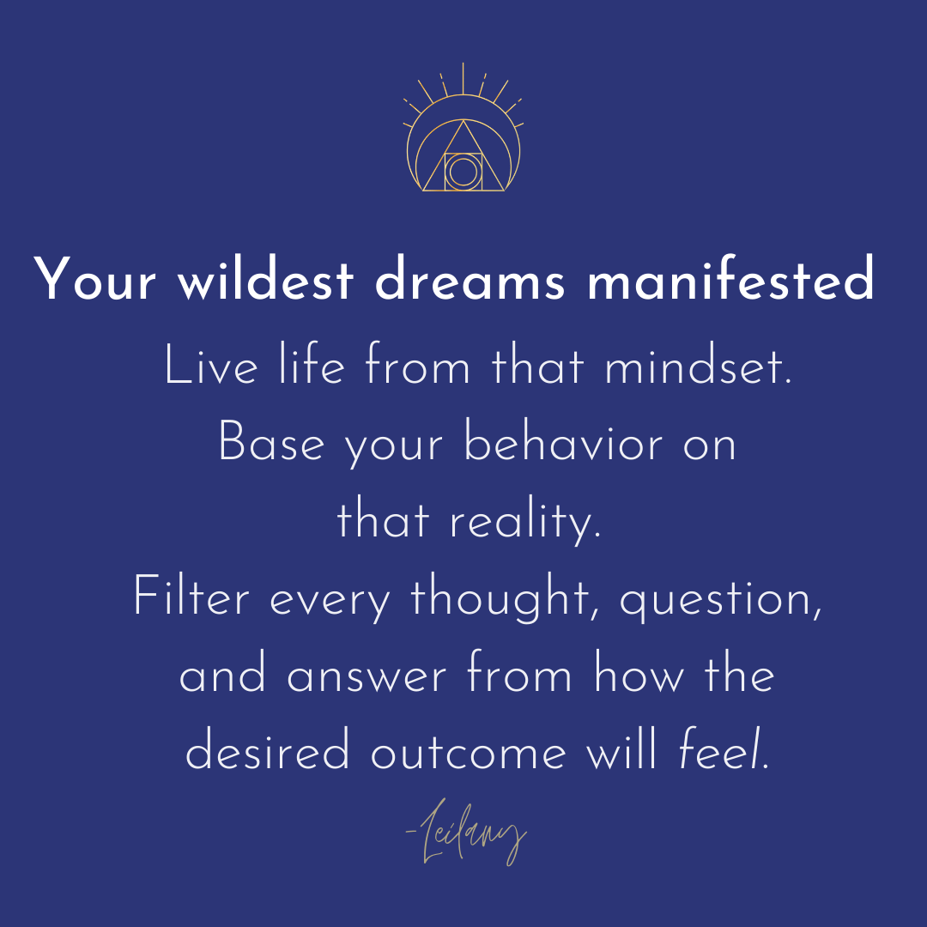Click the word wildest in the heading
point(266,278)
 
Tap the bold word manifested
point(730,278)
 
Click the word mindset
point(698,365)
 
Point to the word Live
point(211,365)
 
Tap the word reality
point(526,520)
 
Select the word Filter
point(191,596)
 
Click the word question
point(721,598)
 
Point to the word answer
point(367,676)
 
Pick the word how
point(639,672)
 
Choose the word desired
point(267,749)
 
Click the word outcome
point(469,753)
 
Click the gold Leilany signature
point(466,831)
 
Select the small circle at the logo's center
point(463,172)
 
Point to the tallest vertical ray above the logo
point(463,79)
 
